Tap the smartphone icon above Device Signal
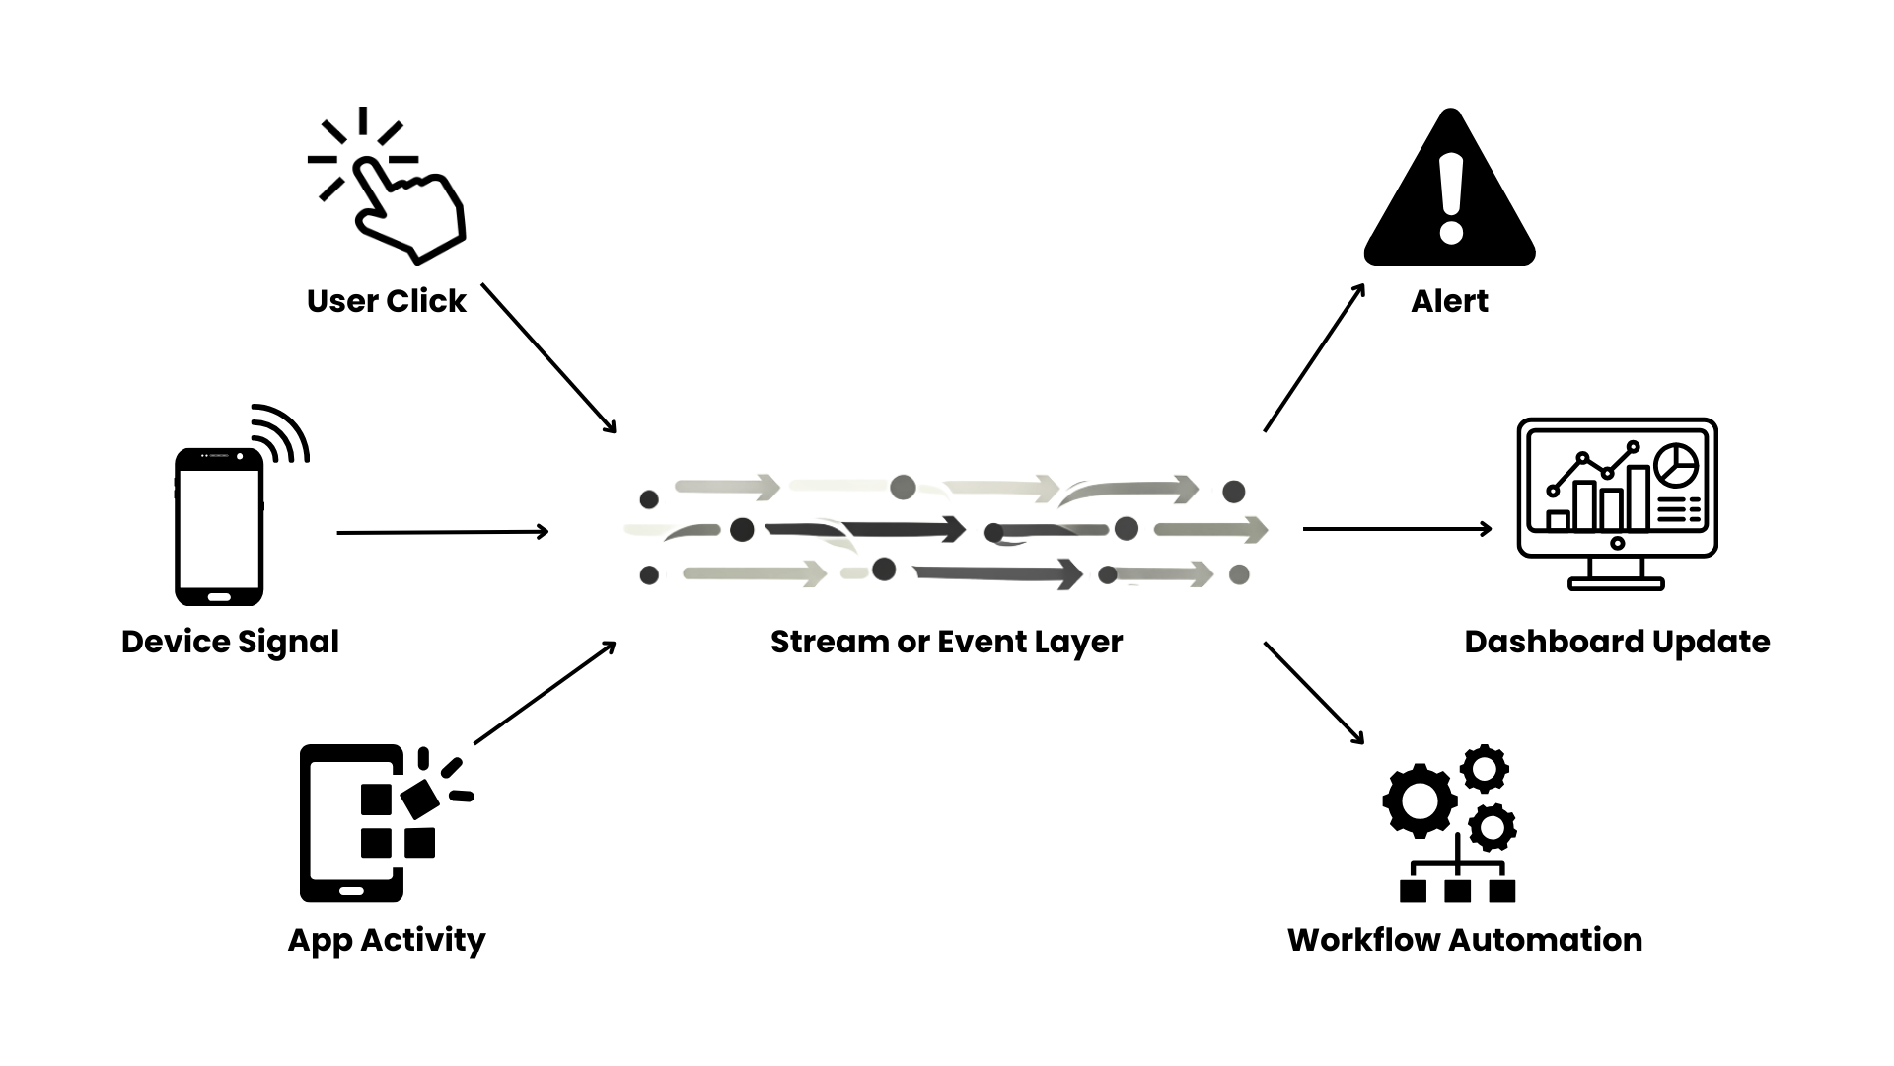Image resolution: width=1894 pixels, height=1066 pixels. tap(219, 528)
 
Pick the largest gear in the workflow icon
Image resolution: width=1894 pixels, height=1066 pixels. tap(1420, 799)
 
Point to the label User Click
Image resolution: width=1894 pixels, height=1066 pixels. tap(386, 301)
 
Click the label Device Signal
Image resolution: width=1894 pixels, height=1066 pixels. tap(230, 642)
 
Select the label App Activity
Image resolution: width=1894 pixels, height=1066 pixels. tap(386, 940)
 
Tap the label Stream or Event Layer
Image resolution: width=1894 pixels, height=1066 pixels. tap(946, 642)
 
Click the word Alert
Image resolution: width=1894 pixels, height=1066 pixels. tap(1449, 301)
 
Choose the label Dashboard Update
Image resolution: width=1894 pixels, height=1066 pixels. tap(1617, 642)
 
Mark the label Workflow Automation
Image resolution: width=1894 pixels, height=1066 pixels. tap(1465, 940)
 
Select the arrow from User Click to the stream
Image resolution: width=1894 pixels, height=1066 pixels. tap(548, 357)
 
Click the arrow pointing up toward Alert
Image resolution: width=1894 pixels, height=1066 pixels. tap(1314, 357)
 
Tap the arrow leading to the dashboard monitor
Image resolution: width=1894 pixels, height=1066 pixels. tap(1397, 529)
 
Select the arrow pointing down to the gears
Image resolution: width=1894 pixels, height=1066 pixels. tap(1314, 693)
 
